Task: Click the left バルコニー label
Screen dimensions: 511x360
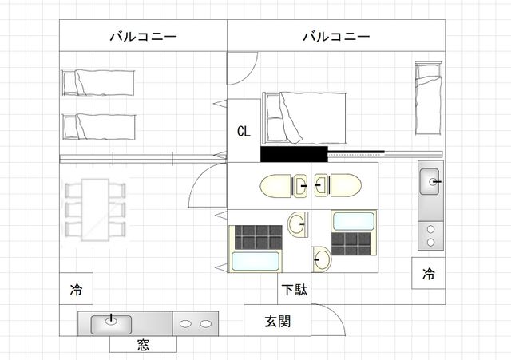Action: click(x=144, y=36)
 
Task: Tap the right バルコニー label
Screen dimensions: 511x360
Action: click(x=336, y=36)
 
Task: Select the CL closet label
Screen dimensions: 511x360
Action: click(x=244, y=131)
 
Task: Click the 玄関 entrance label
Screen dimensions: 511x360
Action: click(x=278, y=322)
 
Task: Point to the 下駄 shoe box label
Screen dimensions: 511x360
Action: click(x=295, y=289)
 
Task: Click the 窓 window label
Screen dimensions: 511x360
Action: click(x=143, y=345)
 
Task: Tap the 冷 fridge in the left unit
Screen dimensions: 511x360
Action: click(x=77, y=289)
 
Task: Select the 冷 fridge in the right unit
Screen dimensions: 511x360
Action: click(x=429, y=274)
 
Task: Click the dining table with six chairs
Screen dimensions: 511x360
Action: click(x=95, y=210)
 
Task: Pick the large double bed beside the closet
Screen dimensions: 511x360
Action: click(x=304, y=118)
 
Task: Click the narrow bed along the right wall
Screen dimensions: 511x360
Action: click(x=429, y=98)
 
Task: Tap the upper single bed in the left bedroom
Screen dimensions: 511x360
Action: click(x=98, y=83)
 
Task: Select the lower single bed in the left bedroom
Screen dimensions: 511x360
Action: click(x=98, y=127)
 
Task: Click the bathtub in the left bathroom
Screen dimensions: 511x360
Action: click(x=255, y=261)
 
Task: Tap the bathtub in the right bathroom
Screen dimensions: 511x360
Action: click(x=353, y=221)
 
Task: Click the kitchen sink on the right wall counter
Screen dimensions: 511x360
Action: click(x=430, y=181)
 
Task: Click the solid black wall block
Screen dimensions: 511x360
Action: click(x=294, y=154)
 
